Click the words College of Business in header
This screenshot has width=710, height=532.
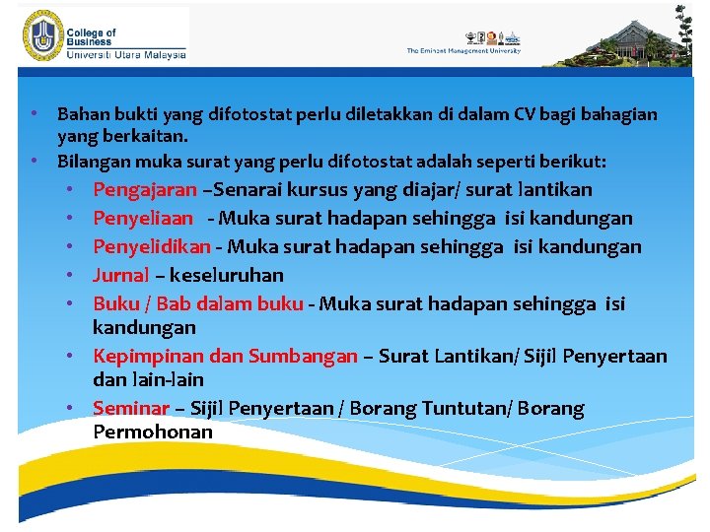[x=92, y=38]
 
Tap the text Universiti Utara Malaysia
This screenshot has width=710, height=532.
[x=125, y=56]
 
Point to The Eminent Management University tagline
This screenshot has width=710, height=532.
[x=463, y=51]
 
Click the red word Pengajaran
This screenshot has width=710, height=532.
[x=145, y=189]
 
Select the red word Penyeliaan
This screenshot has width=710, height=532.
[x=143, y=218]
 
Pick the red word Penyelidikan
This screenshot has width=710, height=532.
[x=152, y=246]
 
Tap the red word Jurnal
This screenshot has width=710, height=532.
[x=120, y=275]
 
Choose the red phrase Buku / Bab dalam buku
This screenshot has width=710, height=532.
[x=197, y=303]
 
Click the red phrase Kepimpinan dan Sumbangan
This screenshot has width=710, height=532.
[x=224, y=356]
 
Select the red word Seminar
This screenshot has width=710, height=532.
[x=128, y=408]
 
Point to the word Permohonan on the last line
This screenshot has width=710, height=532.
[x=153, y=432]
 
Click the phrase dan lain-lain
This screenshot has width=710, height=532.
[x=148, y=379]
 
